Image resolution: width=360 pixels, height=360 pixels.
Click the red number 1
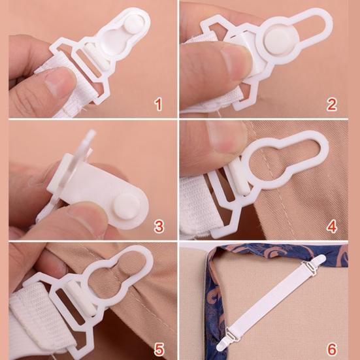157,103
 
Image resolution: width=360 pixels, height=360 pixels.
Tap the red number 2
333,103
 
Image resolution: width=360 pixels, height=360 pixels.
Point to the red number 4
333,227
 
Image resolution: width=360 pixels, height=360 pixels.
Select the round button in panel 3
123,211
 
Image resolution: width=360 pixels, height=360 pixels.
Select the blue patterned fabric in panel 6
216,287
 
